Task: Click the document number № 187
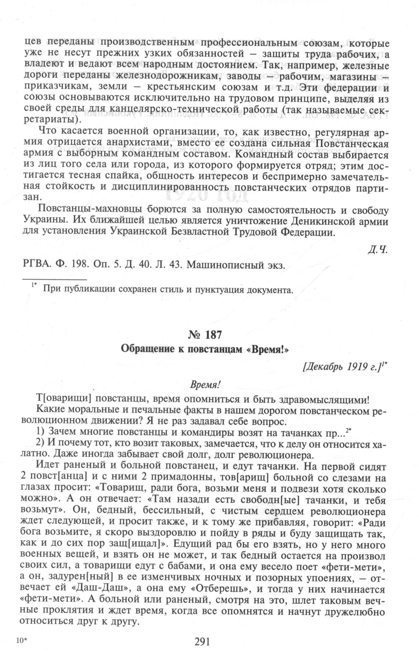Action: tap(209, 335)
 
